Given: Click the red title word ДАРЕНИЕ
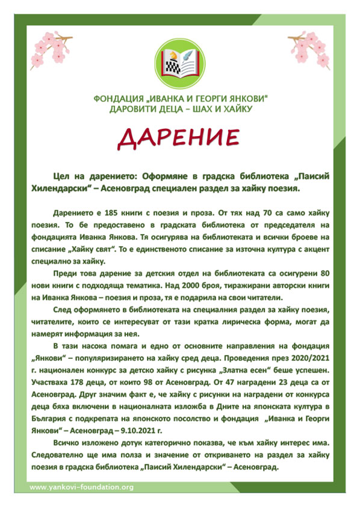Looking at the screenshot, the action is tap(180, 138).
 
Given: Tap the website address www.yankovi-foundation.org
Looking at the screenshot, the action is tap(81, 487).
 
